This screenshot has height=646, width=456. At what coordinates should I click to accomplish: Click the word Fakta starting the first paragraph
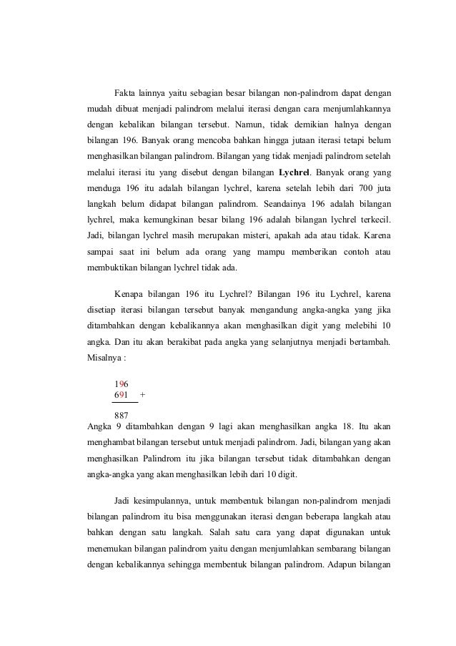coord(127,93)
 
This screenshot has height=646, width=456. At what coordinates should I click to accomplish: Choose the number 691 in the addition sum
coord(122,394)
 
